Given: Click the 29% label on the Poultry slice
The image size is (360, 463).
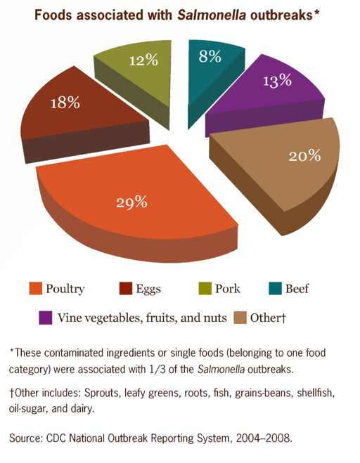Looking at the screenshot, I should [x=131, y=202].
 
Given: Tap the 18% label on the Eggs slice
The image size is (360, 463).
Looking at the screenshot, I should [x=65, y=103].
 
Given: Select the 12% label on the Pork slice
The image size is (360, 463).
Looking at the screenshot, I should [x=143, y=60].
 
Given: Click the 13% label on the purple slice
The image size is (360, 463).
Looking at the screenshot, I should [x=276, y=80].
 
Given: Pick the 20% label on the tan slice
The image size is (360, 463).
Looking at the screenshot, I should [x=304, y=156].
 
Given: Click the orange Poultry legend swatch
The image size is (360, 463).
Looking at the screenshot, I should [x=35, y=289].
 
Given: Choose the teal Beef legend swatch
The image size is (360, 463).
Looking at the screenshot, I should [x=275, y=289].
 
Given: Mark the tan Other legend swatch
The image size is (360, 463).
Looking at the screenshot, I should [x=241, y=318].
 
